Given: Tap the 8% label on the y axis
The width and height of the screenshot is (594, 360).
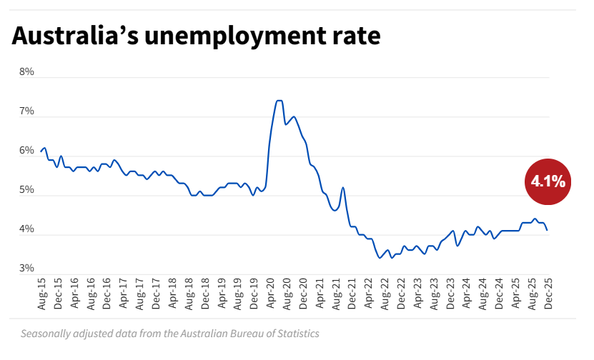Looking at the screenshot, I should tap(26, 72).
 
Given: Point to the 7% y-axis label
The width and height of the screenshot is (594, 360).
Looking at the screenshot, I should tap(26, 111).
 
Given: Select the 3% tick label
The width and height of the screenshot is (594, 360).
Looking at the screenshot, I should tap(26, 269).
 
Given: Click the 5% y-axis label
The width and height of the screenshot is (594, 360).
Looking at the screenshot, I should tap(26, 190).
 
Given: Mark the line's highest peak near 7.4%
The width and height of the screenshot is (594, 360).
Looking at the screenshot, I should tap(279, 101).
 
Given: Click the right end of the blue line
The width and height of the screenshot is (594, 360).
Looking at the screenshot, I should tap(548, 230).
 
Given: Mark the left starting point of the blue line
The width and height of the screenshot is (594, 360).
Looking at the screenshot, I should tap(41, 151).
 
